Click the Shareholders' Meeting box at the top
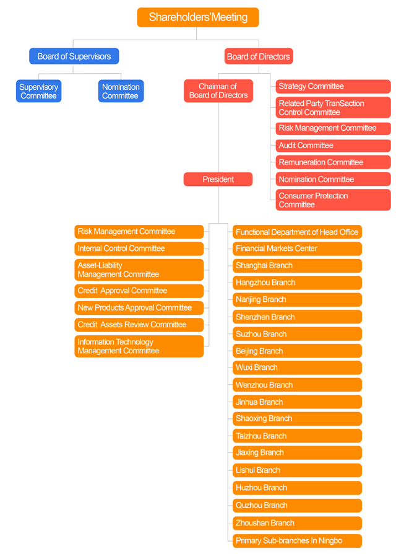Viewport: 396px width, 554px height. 198,17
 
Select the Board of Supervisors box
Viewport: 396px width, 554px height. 74,56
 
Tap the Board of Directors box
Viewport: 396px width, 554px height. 258,56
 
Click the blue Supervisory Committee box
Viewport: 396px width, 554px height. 38,91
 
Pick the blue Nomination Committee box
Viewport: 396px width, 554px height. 121,91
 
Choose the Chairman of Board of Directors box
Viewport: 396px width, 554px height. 218,91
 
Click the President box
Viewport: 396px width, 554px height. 218,180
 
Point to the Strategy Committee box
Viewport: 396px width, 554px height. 333,86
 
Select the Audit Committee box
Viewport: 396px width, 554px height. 333,146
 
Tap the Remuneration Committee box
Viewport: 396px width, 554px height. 333,162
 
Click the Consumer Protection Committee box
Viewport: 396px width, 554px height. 333,200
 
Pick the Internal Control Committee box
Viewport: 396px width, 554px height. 139,248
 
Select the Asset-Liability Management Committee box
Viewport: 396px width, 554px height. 139,270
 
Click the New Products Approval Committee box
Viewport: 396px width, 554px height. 139,308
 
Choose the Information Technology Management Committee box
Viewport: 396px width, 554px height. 139,346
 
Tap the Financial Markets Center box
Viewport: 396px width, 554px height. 297,248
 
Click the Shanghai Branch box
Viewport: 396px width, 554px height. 297,266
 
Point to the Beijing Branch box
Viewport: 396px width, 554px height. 297,351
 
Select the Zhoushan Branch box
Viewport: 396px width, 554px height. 297,523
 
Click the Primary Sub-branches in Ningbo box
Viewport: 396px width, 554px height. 297,540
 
